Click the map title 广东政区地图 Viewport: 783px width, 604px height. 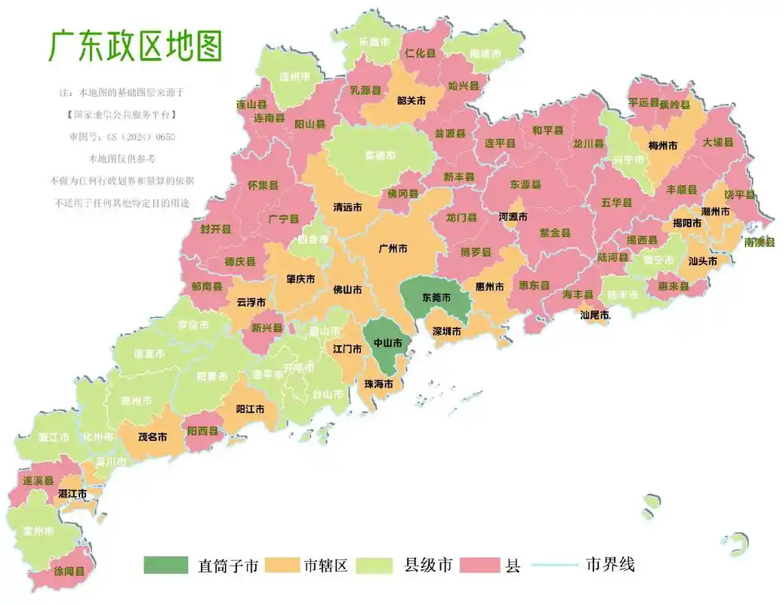[x=136, y=46]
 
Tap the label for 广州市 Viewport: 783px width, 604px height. [x=393, y=248]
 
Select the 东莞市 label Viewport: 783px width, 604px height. [x=436, y=298]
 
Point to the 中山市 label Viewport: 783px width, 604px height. [x=388, y=342]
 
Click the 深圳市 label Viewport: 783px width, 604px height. [x=447, y=331]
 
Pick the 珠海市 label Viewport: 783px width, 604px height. [x=378, y=384]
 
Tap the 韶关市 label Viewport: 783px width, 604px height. [x=412, y=100]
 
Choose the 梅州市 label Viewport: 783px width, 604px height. [x=662, y=145]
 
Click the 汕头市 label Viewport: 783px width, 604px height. [x=702, y=261]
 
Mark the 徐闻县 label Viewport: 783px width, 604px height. [x=69, y=572]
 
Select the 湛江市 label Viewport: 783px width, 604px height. [x=72, y=494]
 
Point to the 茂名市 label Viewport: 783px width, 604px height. [x=152, y=436]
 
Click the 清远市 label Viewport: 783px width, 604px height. [x=347, y=207]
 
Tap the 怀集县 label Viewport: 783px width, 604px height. [x=263, y=185]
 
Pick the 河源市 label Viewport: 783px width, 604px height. [x=513, y=217]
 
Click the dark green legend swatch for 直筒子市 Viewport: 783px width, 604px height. [x=165, y=565]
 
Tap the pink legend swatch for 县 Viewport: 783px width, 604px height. [x=478, y=565]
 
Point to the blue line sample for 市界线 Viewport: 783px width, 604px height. [x=555, y=565]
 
